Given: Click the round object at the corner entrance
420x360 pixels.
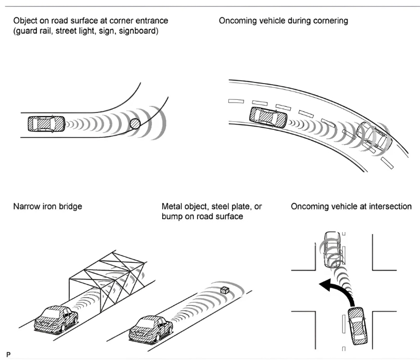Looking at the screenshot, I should coord(135,124).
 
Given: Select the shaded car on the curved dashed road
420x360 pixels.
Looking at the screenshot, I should coord(268,116).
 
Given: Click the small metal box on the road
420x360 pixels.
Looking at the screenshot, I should coord(225,290).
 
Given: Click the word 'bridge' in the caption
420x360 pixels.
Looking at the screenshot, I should coord(70,207).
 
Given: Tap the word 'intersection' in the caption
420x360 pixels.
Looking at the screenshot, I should coord(388,207).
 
